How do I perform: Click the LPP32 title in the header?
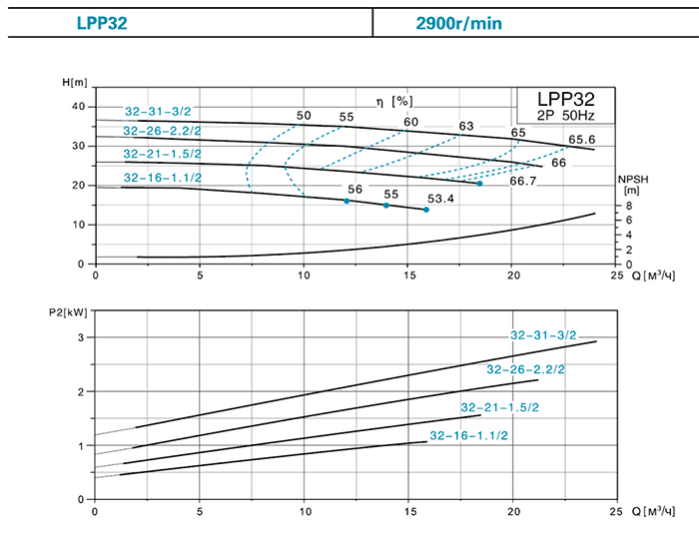pos(105,22)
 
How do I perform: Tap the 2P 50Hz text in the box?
pos(565,116)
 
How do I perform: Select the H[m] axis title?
pos(76,82)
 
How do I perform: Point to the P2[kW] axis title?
pos(67,311)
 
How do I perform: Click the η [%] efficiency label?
pos(393,101)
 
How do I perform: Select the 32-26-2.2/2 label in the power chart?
pos(525,369)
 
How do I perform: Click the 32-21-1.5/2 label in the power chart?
pos(498,407)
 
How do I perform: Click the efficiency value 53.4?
pos(440,199)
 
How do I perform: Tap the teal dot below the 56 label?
pos(347,202)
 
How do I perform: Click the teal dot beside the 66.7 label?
pos(479,184)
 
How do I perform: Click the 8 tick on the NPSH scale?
pos(628,208)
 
